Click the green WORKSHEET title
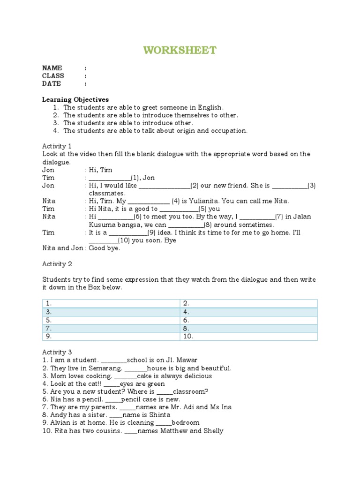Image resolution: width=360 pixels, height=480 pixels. [180, 50]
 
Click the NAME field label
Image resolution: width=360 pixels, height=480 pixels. [52, 68]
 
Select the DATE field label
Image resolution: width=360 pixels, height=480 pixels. [52, 83]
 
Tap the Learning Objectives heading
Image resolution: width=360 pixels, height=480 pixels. [75, 99]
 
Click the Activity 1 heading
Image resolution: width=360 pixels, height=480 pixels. [57, 146]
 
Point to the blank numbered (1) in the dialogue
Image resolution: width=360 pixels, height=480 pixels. [110, 178]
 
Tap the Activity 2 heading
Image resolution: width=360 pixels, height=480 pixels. [57, 264]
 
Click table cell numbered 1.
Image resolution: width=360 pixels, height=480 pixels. [111, 304]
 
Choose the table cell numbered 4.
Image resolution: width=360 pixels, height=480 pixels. [248, 312]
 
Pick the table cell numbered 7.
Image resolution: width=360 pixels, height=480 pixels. [111, 328]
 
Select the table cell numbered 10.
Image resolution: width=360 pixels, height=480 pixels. [248, 336]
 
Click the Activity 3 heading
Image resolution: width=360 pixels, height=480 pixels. [57, 352]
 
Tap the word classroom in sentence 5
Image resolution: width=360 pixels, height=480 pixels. [190, 391]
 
